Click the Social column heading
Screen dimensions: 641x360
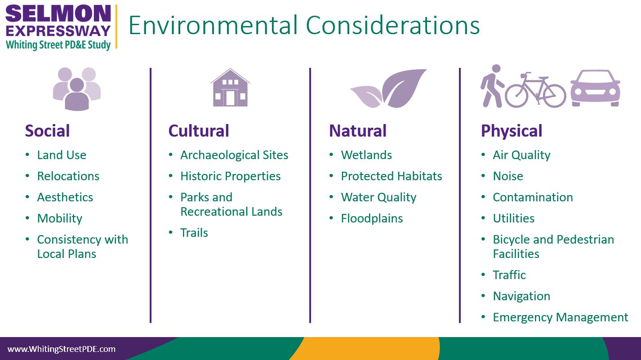[47, 131]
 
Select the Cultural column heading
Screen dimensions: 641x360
[199, 131]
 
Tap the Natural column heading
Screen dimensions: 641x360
[358, 131]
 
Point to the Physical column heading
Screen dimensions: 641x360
[512, 131]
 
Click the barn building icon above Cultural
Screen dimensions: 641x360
[230, 88]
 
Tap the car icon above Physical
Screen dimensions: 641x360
[596, 88]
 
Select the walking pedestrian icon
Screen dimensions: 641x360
[492, 86]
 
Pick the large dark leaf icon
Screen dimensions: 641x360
[404, 88]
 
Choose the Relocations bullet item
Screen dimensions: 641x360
[68, 176]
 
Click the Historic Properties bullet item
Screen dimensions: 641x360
[230, 176]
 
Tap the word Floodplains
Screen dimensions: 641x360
[372, 218]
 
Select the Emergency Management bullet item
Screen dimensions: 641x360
[560, 317]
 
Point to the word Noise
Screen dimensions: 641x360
[508, 176]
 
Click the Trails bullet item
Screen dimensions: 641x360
[194, 233]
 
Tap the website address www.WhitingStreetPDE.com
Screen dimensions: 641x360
[61, 349]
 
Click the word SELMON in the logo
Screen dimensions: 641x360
[58, 14]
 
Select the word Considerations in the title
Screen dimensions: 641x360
[392, 25]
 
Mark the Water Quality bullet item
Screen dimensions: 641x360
[378, 197]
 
